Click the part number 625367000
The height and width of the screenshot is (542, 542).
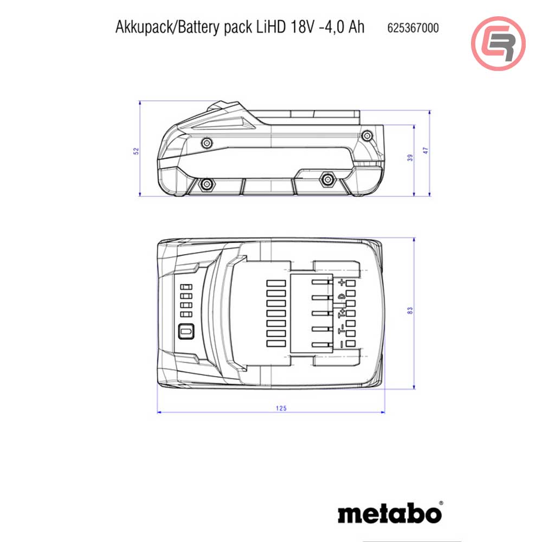(x=412, y=28)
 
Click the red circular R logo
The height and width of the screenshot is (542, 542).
(x=498, y=43)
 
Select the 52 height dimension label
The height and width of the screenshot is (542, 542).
(x=136, y=151)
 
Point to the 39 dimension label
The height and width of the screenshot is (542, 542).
(x=410, y=158)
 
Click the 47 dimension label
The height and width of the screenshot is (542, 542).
(x=425, y=151)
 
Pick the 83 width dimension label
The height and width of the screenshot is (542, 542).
(x=410, y=311)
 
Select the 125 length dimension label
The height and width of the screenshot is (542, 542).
(x=281, y=408)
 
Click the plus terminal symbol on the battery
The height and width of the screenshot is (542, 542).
(x=342, y=282)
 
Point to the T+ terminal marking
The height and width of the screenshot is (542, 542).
(x=341, y=313)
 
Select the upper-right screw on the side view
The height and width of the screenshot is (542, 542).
(x=367, y=136)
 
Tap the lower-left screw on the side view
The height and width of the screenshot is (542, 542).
(x=207, y=184)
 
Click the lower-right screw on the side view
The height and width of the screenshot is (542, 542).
(x=327, y=179)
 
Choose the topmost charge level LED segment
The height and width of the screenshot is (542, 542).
(x=186, y=287)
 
